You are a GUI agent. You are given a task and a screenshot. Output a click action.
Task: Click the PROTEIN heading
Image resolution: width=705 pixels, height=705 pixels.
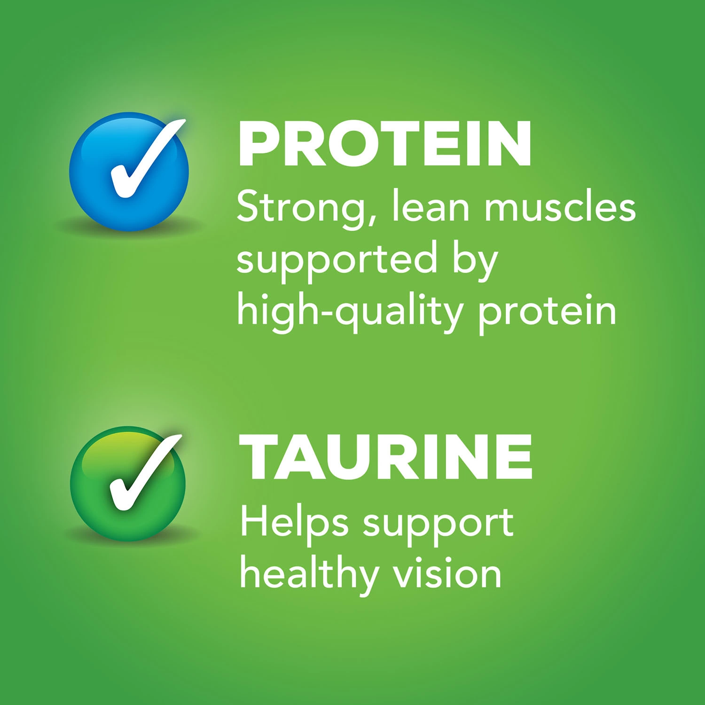385,143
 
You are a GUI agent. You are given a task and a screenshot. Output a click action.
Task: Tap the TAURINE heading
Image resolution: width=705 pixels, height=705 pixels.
385,456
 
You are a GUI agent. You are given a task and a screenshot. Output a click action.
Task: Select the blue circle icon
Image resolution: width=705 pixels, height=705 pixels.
129,172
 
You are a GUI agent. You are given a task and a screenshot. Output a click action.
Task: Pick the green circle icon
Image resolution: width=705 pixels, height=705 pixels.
128,484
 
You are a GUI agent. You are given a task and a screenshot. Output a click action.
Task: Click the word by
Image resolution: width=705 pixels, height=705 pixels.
475,261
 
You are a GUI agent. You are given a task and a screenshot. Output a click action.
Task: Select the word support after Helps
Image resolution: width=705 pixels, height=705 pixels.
438,525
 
